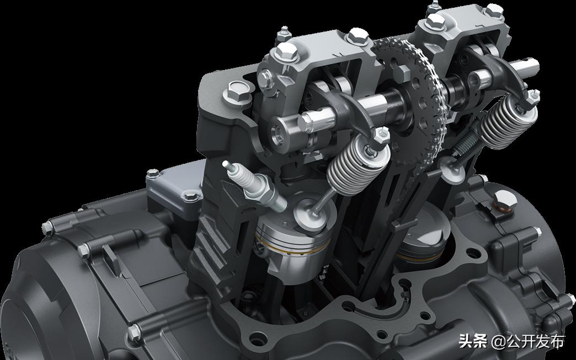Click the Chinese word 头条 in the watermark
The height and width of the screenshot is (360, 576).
coord(473,341)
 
